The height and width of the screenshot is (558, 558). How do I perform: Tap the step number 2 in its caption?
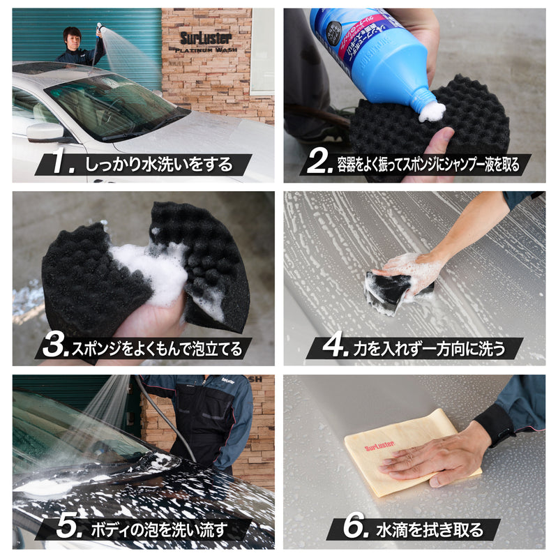click(x=319, y=165)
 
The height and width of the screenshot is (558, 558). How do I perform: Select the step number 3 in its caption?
click(x=54, y=346)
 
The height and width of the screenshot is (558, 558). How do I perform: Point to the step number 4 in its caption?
click(x=334, y=347)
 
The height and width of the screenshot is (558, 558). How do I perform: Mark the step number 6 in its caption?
click(x=356, y=527)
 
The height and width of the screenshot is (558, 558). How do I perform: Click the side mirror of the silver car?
click(x=44, y=130)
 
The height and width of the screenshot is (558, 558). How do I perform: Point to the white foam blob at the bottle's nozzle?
click(x=432, y=110)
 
